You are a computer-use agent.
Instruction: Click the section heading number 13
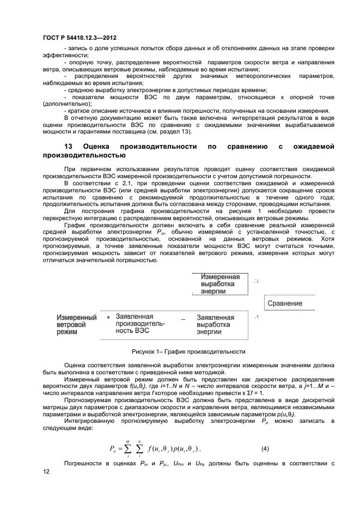tap(69, 147)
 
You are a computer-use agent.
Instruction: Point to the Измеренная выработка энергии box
tap(220, 284)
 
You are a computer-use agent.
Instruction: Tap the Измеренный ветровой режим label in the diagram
tap(76, 325)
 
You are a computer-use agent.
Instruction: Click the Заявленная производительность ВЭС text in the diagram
tap(141, 324)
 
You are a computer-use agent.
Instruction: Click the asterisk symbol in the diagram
tap(109, 318)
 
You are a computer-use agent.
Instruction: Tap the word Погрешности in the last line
tap(83, 463)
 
